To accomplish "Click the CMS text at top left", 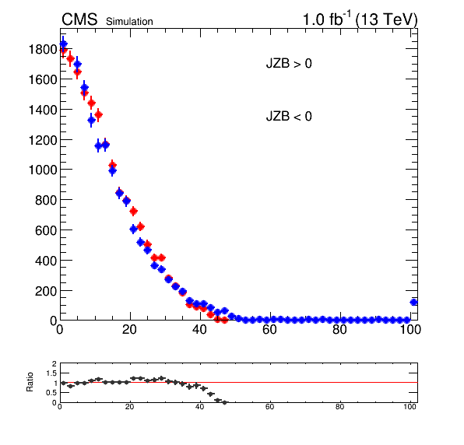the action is (79, 19).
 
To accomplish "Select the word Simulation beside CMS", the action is (129, 22).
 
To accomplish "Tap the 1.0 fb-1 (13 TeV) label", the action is (360, 19).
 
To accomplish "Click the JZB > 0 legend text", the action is (289, 64).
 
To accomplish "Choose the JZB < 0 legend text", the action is (289, 116).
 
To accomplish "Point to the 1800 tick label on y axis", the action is (43, 49).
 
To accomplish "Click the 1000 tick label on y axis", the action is (43, 170).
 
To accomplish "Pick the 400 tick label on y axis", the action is (46, 261).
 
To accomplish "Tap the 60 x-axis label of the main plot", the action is (269, 329).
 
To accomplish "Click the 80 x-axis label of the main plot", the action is (339, 329).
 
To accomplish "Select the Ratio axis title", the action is (30, 382).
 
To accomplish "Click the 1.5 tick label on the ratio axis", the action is (51, 373).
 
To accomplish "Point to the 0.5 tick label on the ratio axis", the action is (51, 393).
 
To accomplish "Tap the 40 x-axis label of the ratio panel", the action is (199, 407).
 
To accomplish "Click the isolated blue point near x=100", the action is (413, 302).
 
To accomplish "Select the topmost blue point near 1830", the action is (63, 44).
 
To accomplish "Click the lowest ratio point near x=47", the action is (224, 402).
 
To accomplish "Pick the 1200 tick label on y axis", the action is (43, 140).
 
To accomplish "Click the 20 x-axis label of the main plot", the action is (129, 329).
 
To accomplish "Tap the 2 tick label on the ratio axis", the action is (54, 363).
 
